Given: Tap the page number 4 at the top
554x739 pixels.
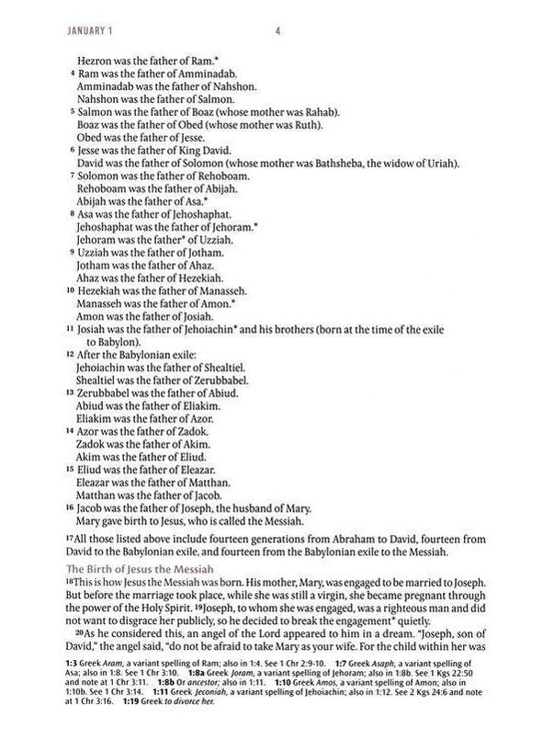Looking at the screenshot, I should (277, 28).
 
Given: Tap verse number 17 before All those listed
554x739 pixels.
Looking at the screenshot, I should (70, 538).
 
